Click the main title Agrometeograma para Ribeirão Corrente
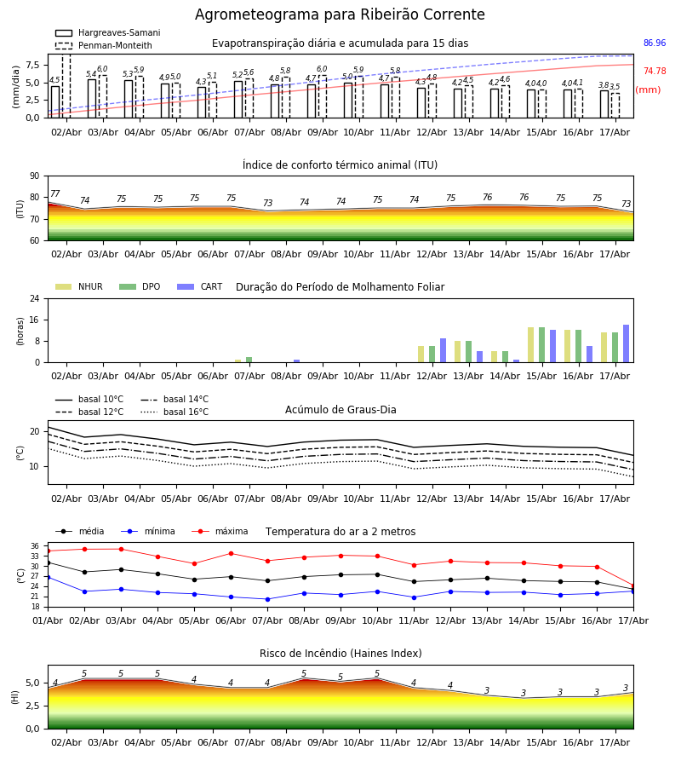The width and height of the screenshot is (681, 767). tap(340, 14)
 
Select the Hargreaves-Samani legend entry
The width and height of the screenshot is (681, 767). tap(107, 32)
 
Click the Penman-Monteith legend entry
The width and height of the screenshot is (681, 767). tap(104, 45)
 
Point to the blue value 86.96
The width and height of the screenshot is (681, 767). tap(655, 43)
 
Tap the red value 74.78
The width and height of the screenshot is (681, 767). tap(655, 71)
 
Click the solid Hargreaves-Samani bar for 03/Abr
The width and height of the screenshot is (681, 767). tap(92, 98)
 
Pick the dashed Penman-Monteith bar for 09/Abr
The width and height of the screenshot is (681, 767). tap(323, 97)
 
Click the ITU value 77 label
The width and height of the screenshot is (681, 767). tap(55, 193)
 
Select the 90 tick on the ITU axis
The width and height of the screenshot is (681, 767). tap(34, 176)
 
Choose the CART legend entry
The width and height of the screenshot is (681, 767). tap(200, 286)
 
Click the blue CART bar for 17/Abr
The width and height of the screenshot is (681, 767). tap(627, 343)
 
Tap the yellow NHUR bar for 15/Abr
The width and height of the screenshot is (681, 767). tap(530, 345)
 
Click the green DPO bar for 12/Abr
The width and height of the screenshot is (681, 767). tap(432, 355)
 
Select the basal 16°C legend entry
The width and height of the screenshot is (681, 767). tap(175, 412)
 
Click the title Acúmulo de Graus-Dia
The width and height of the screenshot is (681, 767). tap(340, 409)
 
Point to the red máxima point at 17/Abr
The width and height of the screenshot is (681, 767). tap(633, 586)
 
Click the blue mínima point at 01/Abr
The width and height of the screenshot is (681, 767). tap(49, 577)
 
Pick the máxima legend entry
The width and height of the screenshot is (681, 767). tap(220, 531)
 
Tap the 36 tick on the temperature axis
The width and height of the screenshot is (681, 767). tap(35, 546)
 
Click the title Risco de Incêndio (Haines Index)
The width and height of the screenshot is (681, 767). tap(340, 653)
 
